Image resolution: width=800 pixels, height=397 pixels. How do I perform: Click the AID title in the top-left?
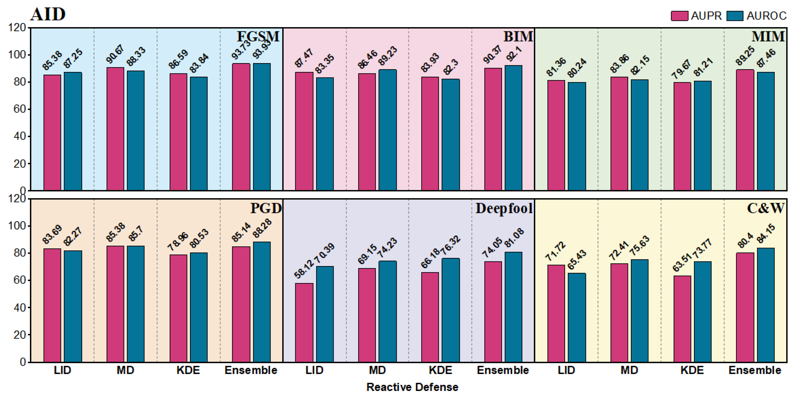(x=48, y=14)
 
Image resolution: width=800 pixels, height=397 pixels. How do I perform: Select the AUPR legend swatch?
(x=679, y=16)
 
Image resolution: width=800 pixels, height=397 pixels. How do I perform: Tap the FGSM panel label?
(x=258, y=36)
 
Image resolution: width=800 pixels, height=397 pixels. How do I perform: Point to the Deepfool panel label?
(x=504, y=208)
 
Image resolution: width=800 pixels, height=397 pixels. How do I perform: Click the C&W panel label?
(x=766, y=208)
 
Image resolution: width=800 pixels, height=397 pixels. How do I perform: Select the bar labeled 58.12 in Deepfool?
(x=304, y=322)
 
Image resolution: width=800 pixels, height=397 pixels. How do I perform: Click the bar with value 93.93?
(x=262, y=127)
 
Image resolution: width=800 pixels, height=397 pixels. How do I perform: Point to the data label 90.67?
(x=115, y=54)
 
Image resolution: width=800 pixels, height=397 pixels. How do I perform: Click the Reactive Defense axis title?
(x=412, y=387)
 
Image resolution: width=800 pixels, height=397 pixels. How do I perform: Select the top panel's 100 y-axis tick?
(x=17, y=55)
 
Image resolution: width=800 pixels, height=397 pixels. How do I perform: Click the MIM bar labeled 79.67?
(x=682, y=136)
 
